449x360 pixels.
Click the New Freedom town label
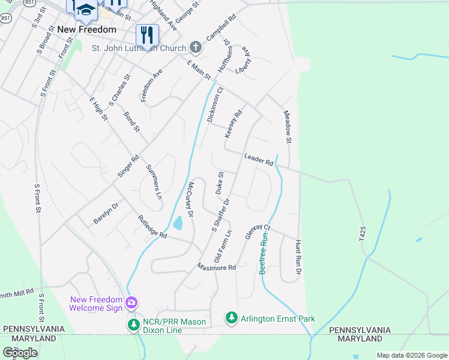coord(86,29)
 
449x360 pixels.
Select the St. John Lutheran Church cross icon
coord(195,47)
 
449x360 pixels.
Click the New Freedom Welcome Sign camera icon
coord(132,304)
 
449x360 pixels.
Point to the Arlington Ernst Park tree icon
coord(231,318)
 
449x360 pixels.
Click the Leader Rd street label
coord(259,159)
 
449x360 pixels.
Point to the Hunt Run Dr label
coord(297,258)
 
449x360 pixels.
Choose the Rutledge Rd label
coord(152,227)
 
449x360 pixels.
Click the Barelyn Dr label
coord(106,213)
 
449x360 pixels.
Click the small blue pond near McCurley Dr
coord(178,224)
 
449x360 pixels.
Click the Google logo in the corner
coord(20,353)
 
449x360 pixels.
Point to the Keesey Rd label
coord(234,124)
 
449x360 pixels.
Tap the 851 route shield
coord(6,19)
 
